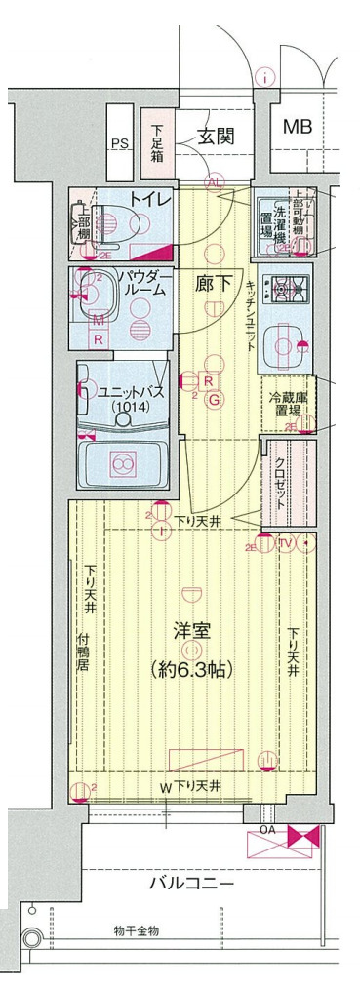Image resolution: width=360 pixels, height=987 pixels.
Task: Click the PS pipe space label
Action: click(119, 143)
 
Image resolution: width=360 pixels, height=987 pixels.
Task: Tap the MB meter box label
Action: click(299, 126)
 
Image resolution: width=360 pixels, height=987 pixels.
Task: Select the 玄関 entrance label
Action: click(217, 136)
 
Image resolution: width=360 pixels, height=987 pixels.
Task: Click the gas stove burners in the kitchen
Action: click(288, 289)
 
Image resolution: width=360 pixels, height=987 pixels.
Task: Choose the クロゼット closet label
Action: click(280, 481)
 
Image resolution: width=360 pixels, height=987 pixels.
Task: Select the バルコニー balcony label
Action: click(191, 885)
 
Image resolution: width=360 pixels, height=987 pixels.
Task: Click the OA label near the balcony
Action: click(266, 830)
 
